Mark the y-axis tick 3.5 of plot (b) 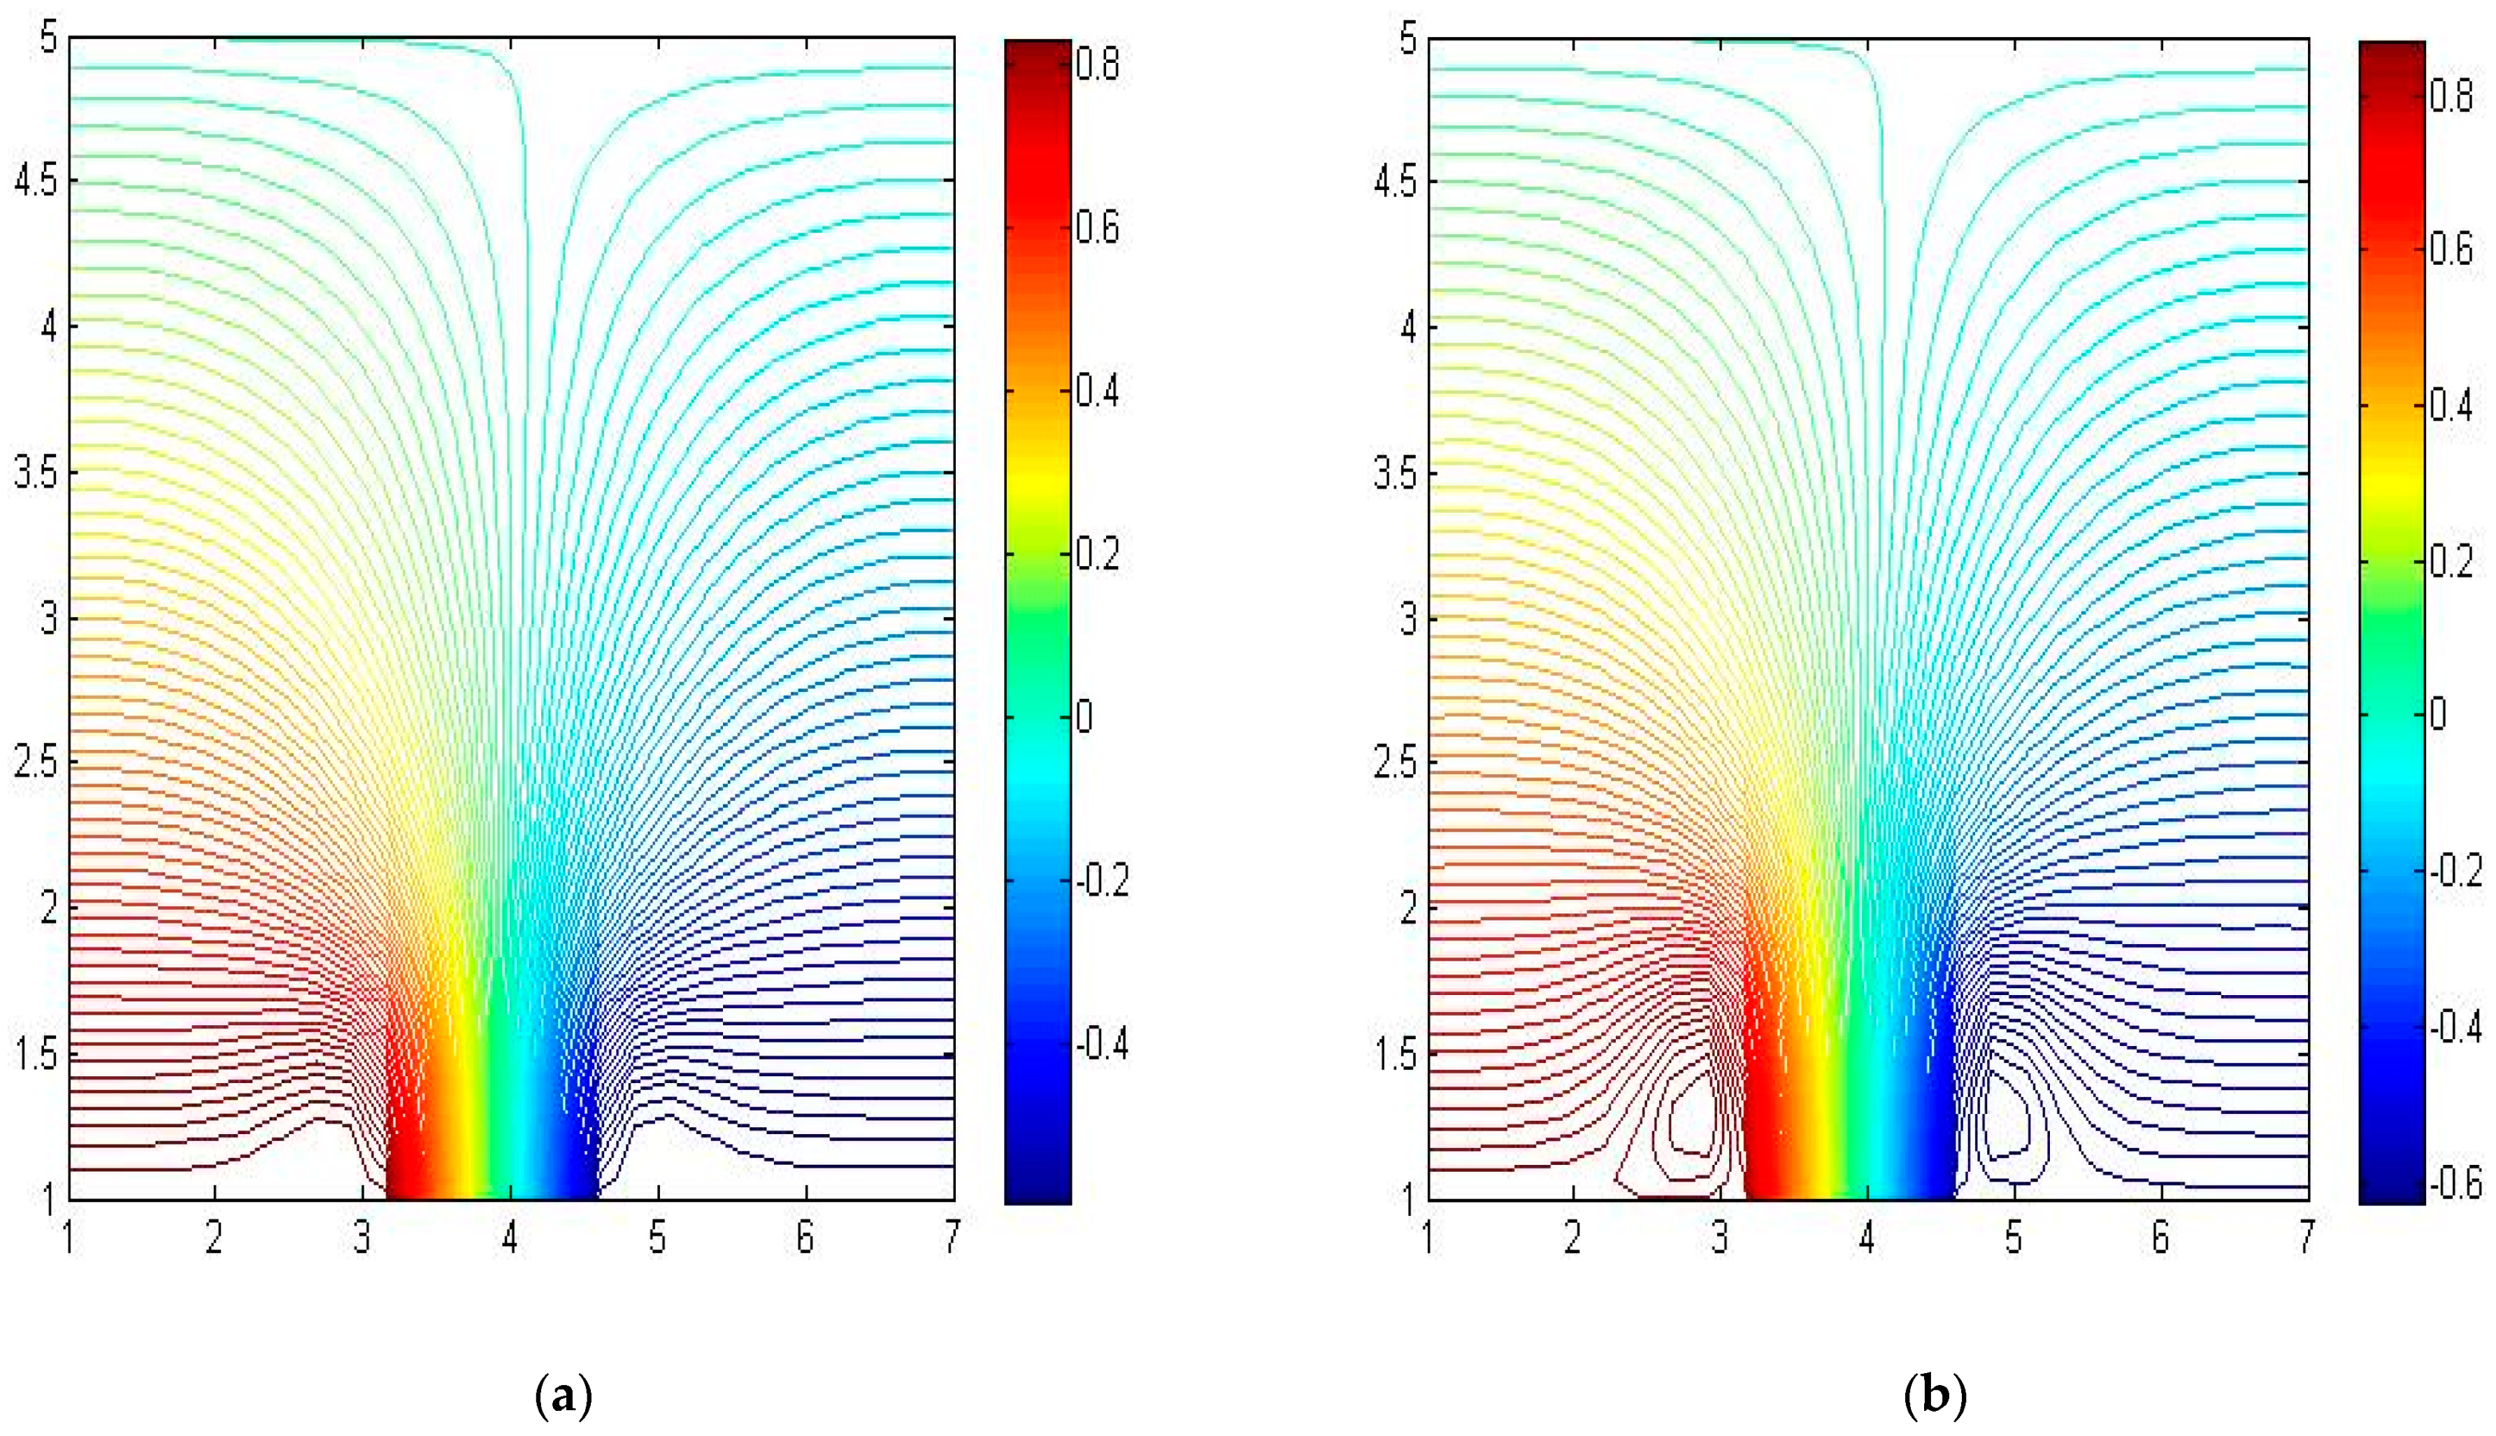coord(1394,473)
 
